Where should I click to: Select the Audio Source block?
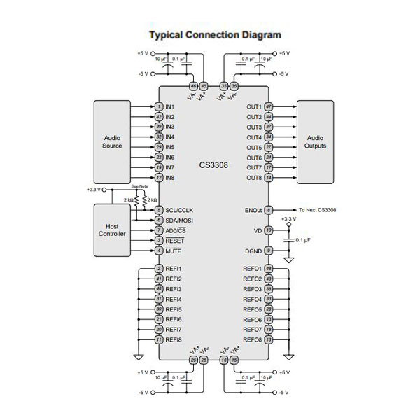coord(113,142)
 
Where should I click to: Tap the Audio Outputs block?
coord(315,142)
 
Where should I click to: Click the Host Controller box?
coord(113,230)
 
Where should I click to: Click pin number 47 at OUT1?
coord(269,106)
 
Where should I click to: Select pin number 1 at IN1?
coord(160,106)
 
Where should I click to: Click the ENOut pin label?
coord(251,210)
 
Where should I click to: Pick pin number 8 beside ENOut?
coord(269,210)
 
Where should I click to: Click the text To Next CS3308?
coord(317,210)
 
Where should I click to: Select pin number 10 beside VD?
coord(269,230)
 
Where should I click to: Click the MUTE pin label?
coord(174,251)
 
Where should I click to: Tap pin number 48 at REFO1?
coord(269,269)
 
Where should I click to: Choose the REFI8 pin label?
coord(174,340)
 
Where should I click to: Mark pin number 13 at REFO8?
coord(269,340)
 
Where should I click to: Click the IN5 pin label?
coord(170,147)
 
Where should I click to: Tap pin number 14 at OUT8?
coord(269,178)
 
